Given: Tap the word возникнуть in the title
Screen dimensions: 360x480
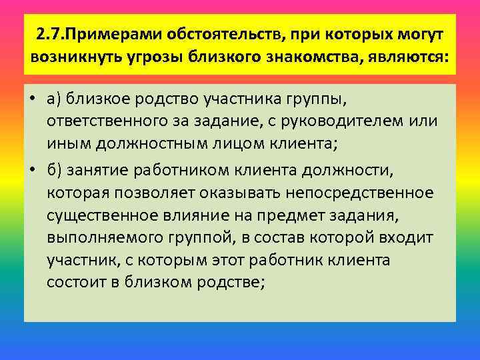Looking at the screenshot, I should coord(73,57).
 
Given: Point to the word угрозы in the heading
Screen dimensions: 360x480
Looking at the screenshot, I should coord(155,57).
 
